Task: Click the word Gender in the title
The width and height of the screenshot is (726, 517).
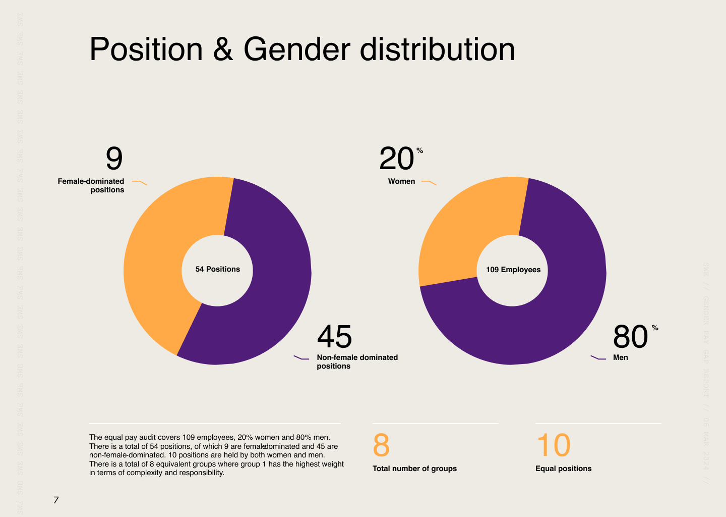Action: [x=297, y=49]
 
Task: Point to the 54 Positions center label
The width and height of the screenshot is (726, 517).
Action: [x=218, y=269]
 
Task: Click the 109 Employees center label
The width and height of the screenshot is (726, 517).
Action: [x=513, y=270]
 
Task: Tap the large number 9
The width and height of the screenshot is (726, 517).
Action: [x=114, y=159]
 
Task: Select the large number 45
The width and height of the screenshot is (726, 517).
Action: [x=335, y=337]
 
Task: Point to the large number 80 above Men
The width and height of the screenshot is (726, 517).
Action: [x=630, y=337]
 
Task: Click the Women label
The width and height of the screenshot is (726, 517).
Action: [x=401, y=181]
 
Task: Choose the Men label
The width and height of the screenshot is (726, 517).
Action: [x=621, y=357]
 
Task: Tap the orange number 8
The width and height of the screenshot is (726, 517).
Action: [x=381, y=445]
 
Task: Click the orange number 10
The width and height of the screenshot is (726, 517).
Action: [x=553, y=445]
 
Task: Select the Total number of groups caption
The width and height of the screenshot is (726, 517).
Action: [x=414, y=469]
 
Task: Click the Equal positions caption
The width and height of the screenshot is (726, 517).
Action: [x=563, y=469]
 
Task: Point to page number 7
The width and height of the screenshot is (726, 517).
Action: [x=56, y=500]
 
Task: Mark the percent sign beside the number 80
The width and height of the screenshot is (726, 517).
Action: [x=655, y=328]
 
